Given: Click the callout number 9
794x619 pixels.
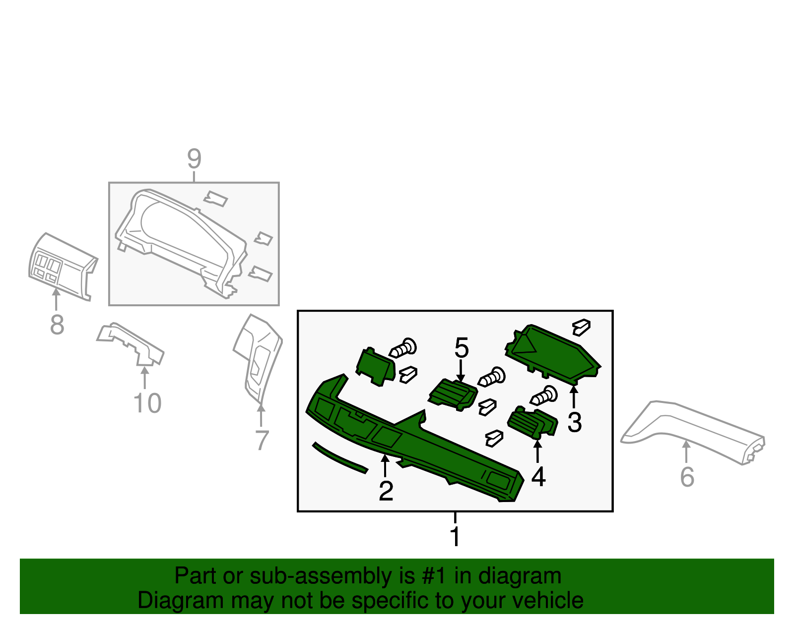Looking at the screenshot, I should (194, 159).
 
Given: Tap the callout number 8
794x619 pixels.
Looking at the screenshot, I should (57, 325).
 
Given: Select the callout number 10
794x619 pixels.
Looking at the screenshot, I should (147, 403).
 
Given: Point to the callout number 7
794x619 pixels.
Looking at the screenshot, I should (262, 440).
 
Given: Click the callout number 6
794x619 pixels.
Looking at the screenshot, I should (687, 477).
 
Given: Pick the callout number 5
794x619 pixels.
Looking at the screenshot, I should (462, 348).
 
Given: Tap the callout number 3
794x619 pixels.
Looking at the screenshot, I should (574, 423).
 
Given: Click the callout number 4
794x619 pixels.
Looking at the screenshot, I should (538, 477).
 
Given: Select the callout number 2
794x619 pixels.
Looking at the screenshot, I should (386, 491).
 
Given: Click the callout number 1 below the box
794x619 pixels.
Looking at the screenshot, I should (455, 537).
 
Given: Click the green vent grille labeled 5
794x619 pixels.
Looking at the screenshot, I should (453, 394).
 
